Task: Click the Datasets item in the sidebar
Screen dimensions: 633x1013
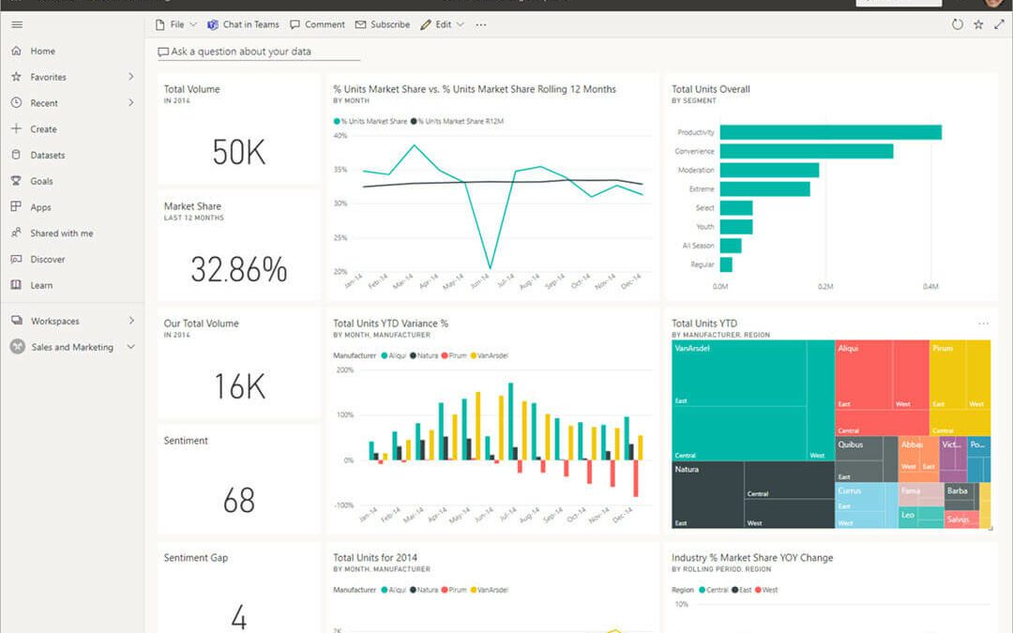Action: click(47, 155)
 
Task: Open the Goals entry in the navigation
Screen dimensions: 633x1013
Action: click(41, 181)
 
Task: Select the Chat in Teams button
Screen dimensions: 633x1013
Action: click(243, 24)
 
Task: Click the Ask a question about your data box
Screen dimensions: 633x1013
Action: click(240, 52)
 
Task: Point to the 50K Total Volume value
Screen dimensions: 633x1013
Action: click(238, 152)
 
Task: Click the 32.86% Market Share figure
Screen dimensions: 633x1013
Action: click(238, 269)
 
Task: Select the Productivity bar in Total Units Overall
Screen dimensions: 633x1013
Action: click(830, 132)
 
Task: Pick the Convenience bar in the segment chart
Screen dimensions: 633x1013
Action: click(806, 151)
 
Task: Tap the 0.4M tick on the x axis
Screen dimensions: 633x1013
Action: click(930, 286)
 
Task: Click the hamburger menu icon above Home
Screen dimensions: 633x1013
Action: click(17, 24)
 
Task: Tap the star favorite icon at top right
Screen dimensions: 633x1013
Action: click(978, 24)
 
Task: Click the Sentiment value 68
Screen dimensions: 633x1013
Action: click(238, 501)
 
